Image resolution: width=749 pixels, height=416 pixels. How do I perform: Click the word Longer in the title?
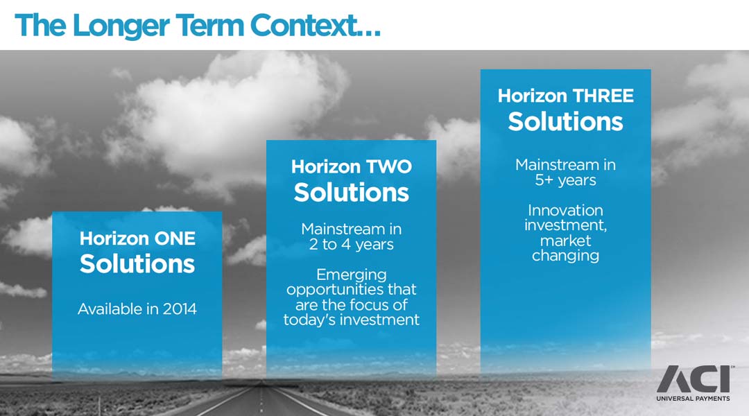tap(121, 26)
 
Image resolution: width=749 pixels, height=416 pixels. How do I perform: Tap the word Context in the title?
tap(304, 25)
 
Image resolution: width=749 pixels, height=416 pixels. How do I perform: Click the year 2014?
tap(180, 309)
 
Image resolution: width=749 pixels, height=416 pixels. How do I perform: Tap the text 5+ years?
tap(566, 180)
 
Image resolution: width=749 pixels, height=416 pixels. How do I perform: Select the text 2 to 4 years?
tap(351, 245)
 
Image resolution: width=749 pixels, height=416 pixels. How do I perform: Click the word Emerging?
tap(351, 275)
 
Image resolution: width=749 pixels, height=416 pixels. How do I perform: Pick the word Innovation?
tap(566, 210)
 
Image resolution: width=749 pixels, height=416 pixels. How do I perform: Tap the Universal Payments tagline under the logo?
tap(693, 399)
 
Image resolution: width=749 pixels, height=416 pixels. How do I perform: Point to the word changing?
tap(566, 256)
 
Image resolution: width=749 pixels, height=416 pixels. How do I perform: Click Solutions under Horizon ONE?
tap(137, 263)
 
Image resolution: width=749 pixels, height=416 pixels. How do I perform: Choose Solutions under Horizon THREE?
tap(566, 121)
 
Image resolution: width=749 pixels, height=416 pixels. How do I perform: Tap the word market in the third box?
tap(566, 240)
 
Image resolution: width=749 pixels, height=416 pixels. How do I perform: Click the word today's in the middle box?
tap(311, 320)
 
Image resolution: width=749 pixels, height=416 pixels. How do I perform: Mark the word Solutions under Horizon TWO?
tap(351, 193)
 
